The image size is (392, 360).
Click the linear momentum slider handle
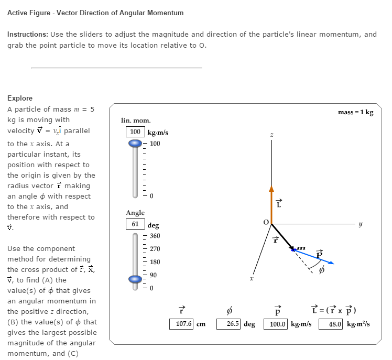136,143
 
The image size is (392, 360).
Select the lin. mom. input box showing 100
136,132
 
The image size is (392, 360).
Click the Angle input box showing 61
135,224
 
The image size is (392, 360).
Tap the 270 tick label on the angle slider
156,249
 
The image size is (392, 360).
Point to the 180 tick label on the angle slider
156,262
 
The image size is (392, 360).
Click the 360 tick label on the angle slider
156,236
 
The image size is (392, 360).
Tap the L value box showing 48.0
335,324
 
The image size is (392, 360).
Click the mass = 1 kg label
356,112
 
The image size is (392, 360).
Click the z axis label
271,135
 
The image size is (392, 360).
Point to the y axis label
360,224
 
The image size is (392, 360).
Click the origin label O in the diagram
266,222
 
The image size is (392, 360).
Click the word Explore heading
20,98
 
